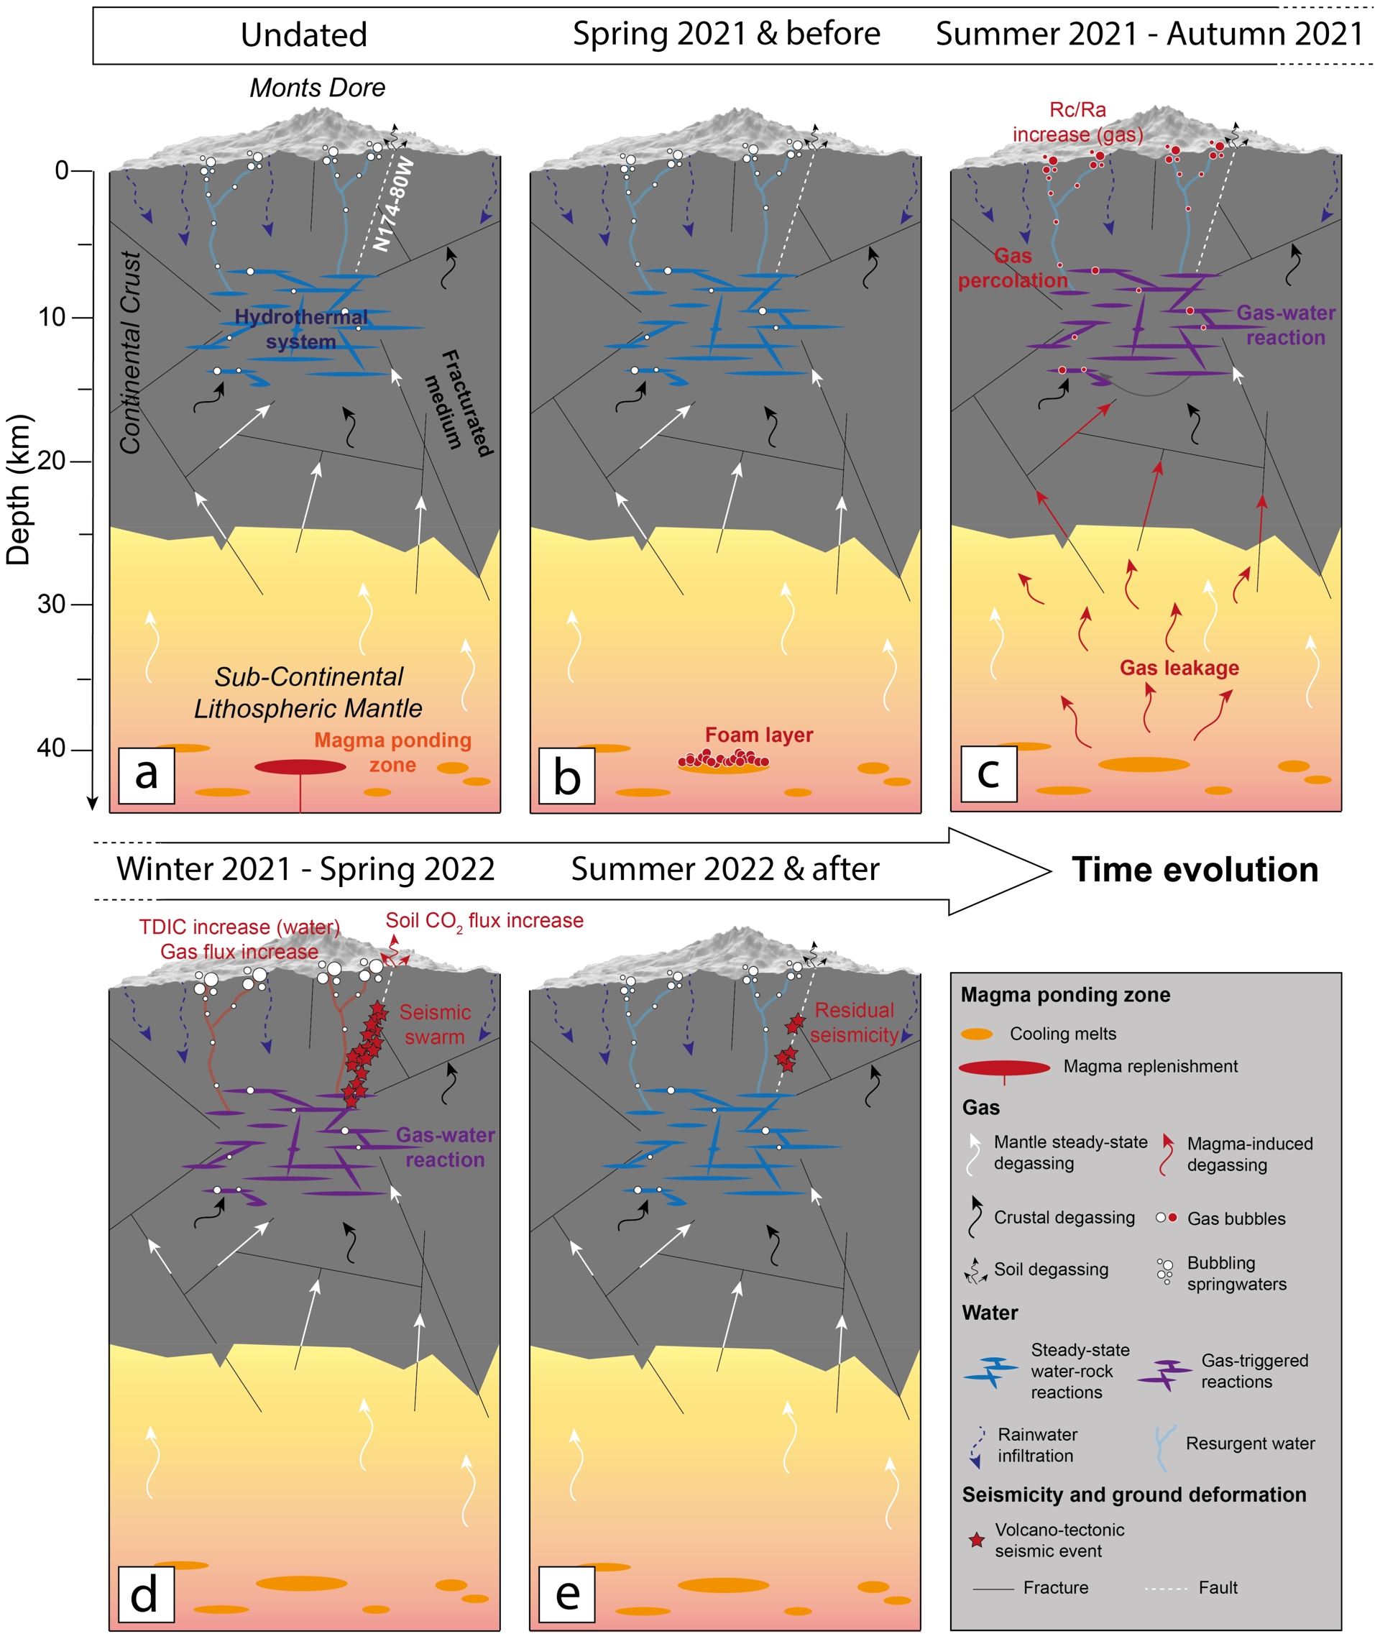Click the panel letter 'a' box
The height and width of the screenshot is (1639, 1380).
pyautogui.click(x=147, y=774)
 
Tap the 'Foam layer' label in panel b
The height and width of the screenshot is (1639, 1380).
pyautogui.click(x=759, y=735)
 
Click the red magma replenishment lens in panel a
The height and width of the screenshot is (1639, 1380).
pyautogui.click(x=300, y=767)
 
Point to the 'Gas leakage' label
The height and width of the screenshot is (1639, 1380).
pyautogui.click(x=1179, y=667)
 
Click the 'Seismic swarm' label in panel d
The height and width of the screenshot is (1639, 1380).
pyautogui.click(x=435, y=1024)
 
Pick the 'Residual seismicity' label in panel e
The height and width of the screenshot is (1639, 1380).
pyautogui.click(x=855, y=1022)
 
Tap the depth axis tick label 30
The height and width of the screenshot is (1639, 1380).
pyautogui.click(x=53, y=604)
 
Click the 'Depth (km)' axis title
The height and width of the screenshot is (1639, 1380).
pyautogui.click(x=19, y=489)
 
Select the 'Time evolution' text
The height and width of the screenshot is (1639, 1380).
pyautogui.click(x=1195, y=870)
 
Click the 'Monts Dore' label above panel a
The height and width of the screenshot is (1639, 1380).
pyautogui.click(x=318, y=88)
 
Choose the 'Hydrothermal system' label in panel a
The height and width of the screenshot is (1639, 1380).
pyautogui.click(x=301, y=329)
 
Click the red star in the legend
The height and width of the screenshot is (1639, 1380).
pyautogui.click(x=977, y=1540)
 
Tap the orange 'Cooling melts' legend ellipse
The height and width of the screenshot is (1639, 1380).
pyautogui.click(x=977, y=1034)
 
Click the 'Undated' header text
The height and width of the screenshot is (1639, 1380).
pyautogui.click(x=303, y=35)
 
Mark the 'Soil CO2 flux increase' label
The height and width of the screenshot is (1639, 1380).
pyautogui.click(x=484, y=921)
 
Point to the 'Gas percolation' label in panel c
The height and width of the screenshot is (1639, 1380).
pyautogui.click(x=1013, y=268)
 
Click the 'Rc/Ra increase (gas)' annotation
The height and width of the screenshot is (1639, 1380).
pyautogui.click(x=1078, y=122)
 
